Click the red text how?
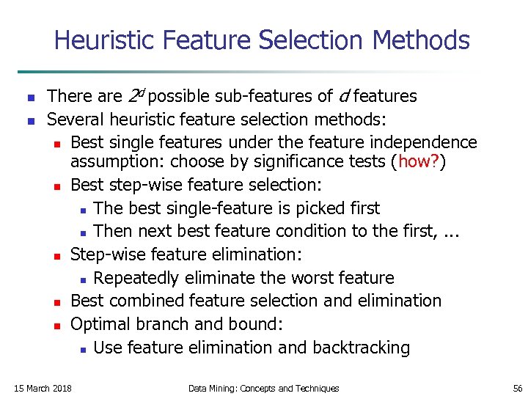click(419, 161)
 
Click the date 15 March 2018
click(43, 388)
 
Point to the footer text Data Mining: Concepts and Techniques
click(264, 388)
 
